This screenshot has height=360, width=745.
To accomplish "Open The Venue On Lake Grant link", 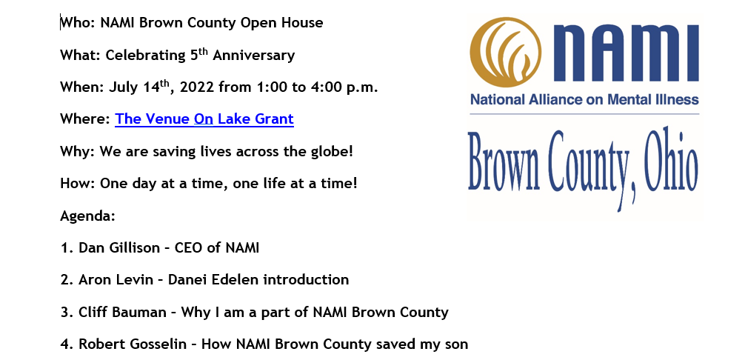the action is [x=204, y=119].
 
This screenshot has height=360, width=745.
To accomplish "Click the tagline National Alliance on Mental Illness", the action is [x=584, y=100].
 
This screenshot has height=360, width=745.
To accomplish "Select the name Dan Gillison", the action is [x=119, y=248].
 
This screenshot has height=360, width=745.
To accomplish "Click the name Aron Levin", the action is [x=116, y=280].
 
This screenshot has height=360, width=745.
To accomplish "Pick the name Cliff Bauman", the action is [x=123, y=312].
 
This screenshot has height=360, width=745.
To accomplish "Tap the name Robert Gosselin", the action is [x=133, y=344].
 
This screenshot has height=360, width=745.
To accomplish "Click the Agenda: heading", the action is [x=88, y=216].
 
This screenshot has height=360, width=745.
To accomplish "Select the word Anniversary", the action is [x=254, y=56].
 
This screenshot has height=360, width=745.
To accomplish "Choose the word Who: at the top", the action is [x=78, y=23].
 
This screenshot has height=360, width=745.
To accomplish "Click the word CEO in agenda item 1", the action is [x=189, y=248].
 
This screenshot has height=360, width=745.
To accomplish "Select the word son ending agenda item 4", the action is [x=456, y=344].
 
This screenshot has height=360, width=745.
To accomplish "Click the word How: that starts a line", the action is [x=78, y=184].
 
